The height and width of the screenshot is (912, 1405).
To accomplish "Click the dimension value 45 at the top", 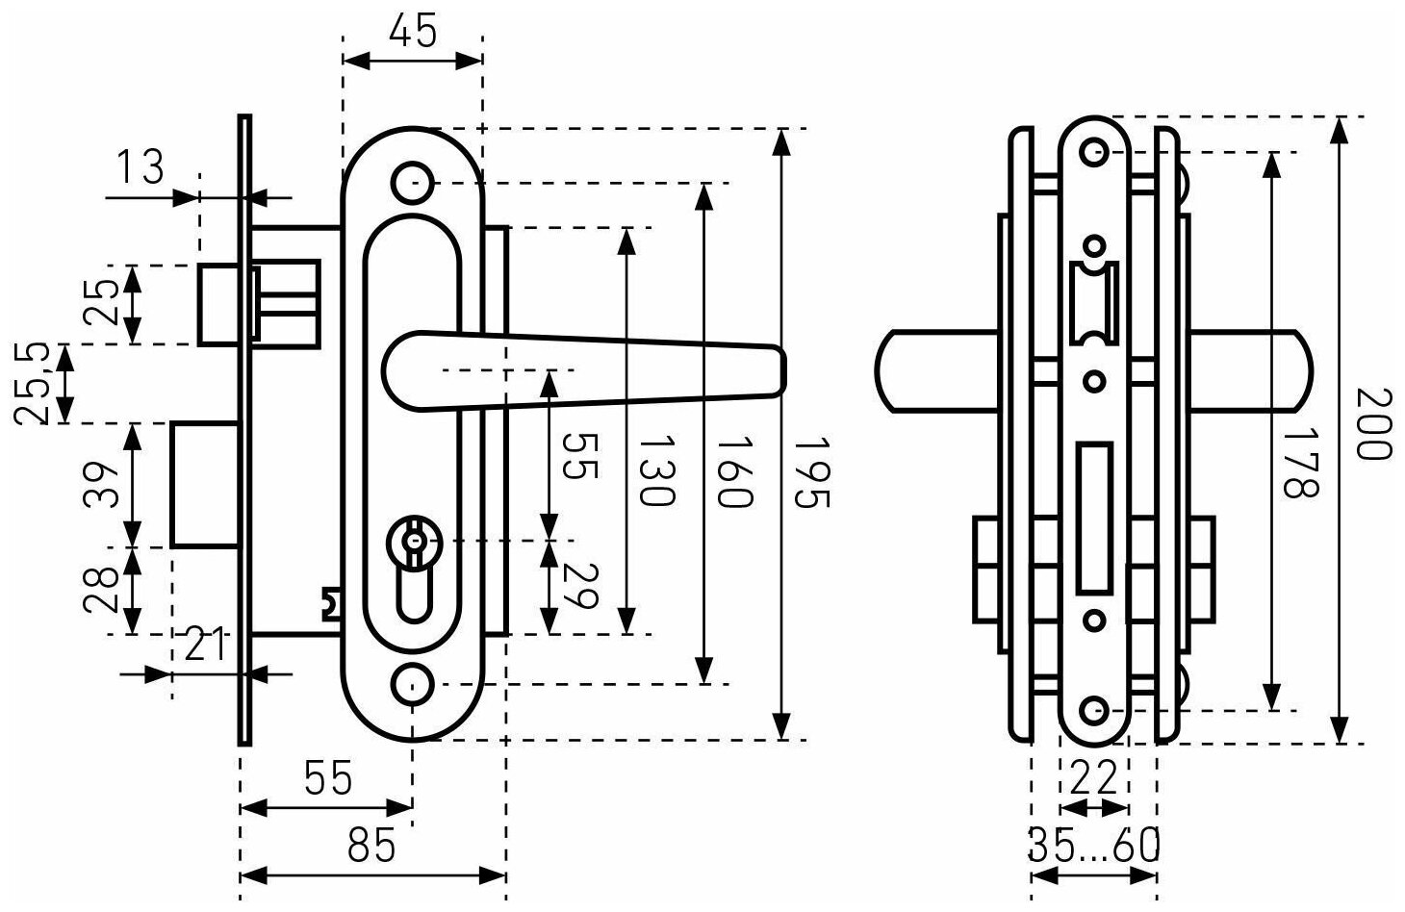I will [413, 32].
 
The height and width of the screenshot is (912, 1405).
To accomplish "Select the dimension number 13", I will [141, 168].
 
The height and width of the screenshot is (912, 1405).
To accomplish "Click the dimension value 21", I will [203, 645].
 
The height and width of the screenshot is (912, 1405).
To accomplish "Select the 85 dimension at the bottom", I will [370, 847].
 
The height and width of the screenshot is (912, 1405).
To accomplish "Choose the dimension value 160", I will [734, 471].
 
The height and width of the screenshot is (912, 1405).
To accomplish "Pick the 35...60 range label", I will [1094, 846].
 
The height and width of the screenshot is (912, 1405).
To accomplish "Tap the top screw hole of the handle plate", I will [412, 181].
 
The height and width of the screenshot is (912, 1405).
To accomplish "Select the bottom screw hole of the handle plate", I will [412, 684].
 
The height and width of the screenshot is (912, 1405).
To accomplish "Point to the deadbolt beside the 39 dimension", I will [205, 484].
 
